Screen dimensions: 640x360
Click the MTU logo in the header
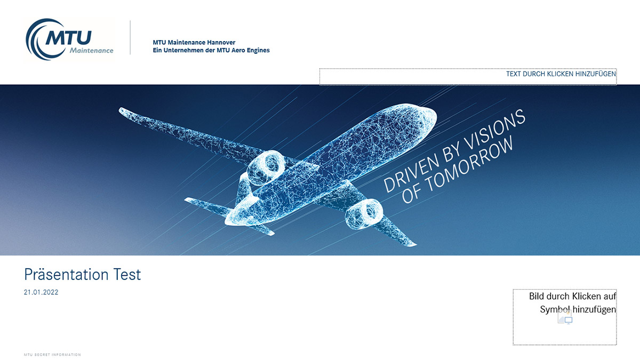click(69, 39)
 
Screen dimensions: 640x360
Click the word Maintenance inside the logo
click(91, 51)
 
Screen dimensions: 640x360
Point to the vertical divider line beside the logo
click(130, 37)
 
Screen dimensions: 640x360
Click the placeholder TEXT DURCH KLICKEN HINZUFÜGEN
click(561, 74)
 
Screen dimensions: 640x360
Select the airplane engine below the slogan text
click(363, 214)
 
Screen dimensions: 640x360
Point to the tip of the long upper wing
click(121, 110)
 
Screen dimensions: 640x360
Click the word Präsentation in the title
click(66, 274)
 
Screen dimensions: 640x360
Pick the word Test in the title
click(127, 275)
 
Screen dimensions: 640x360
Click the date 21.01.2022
click(41, 292)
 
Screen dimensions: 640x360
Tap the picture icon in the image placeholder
click(565, 318)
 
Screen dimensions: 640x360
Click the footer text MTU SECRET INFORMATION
click(52, 355)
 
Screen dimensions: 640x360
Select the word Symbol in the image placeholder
click(555, 310)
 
